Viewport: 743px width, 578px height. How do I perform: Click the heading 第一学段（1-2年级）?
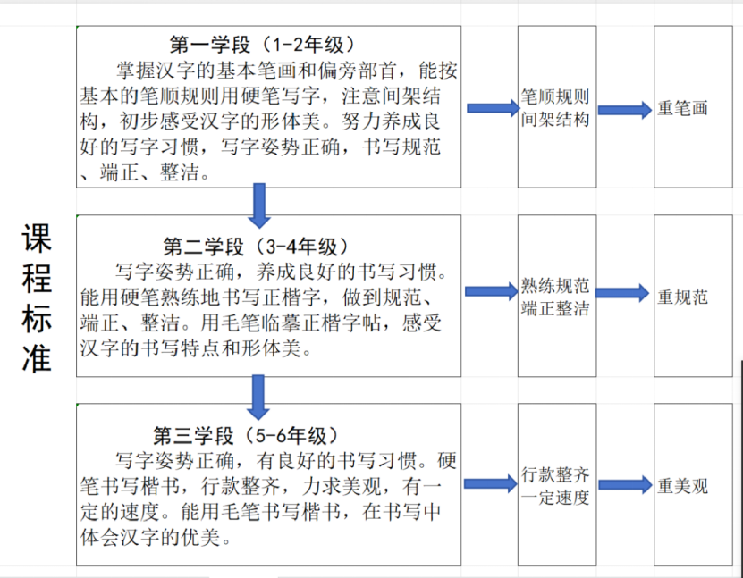click(262, 45)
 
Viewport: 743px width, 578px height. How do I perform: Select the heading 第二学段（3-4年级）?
click(256, 247)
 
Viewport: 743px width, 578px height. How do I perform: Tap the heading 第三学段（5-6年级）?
click(246, 436)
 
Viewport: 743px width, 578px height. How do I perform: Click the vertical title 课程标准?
click(37, 298)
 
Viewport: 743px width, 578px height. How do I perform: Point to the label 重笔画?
click(682, 108)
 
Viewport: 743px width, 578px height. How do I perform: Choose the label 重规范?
click(682, 297)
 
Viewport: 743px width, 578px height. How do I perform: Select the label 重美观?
click(682, 486)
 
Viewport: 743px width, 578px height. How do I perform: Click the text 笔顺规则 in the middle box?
click(555, 96)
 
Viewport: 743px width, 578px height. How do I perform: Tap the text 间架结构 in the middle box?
click(555, 120)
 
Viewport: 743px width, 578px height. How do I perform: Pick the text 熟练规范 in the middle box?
click(555, 286)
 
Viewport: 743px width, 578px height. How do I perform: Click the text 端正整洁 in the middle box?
click(555, 308)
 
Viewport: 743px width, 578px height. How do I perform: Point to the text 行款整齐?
click(555, 474)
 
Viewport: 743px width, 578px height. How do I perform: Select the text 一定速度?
click(555, 498)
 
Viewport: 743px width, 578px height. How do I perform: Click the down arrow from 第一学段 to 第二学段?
click(259, 206)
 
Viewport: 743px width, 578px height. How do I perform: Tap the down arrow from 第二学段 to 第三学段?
click(258, 398)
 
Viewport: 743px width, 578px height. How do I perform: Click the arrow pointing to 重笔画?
click(625, 110)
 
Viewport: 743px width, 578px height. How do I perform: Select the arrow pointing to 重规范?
click(622, 293)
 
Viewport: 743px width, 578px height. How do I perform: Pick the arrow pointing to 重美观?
click(626, 485)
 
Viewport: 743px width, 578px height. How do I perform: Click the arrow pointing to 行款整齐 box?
click(491, 484)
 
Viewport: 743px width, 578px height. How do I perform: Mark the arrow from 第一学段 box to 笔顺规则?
click(494, 108)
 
